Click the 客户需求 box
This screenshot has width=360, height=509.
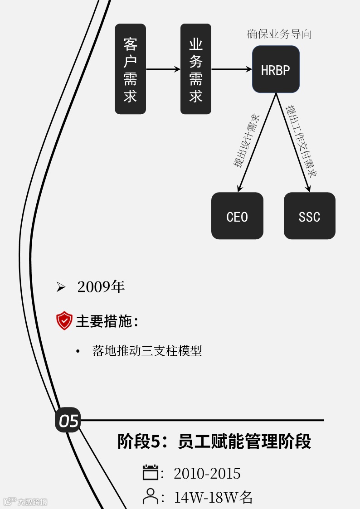click(x=130, y=69)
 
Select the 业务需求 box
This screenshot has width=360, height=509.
click(x=196, y=69)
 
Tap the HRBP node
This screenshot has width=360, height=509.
click(x=276, y=69)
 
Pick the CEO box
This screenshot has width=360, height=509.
click(x=237, y=216)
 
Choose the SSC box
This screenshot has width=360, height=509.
click(x=310, y=216)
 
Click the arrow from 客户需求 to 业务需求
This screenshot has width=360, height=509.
click(x=163, y=69)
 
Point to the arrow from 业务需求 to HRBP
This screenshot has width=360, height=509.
click(x=232, y=69)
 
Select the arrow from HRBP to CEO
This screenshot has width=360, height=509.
click(x=257, y=142)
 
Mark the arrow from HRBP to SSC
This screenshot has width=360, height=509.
click(x=293, y=142)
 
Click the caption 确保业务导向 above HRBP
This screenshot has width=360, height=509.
click(x=279, y=34)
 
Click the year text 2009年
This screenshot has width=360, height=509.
click(x=101, y=287)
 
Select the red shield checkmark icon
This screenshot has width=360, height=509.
click(x=64, y=321)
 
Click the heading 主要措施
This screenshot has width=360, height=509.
click(x=107, y=321)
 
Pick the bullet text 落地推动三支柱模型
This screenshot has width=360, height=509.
click(x=147, y=351)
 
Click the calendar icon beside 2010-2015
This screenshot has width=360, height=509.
click(x=150, y=473)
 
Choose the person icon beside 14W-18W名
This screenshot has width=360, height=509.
click(x=150, y=496)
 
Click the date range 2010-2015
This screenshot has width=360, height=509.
click(x=207, y=474)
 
